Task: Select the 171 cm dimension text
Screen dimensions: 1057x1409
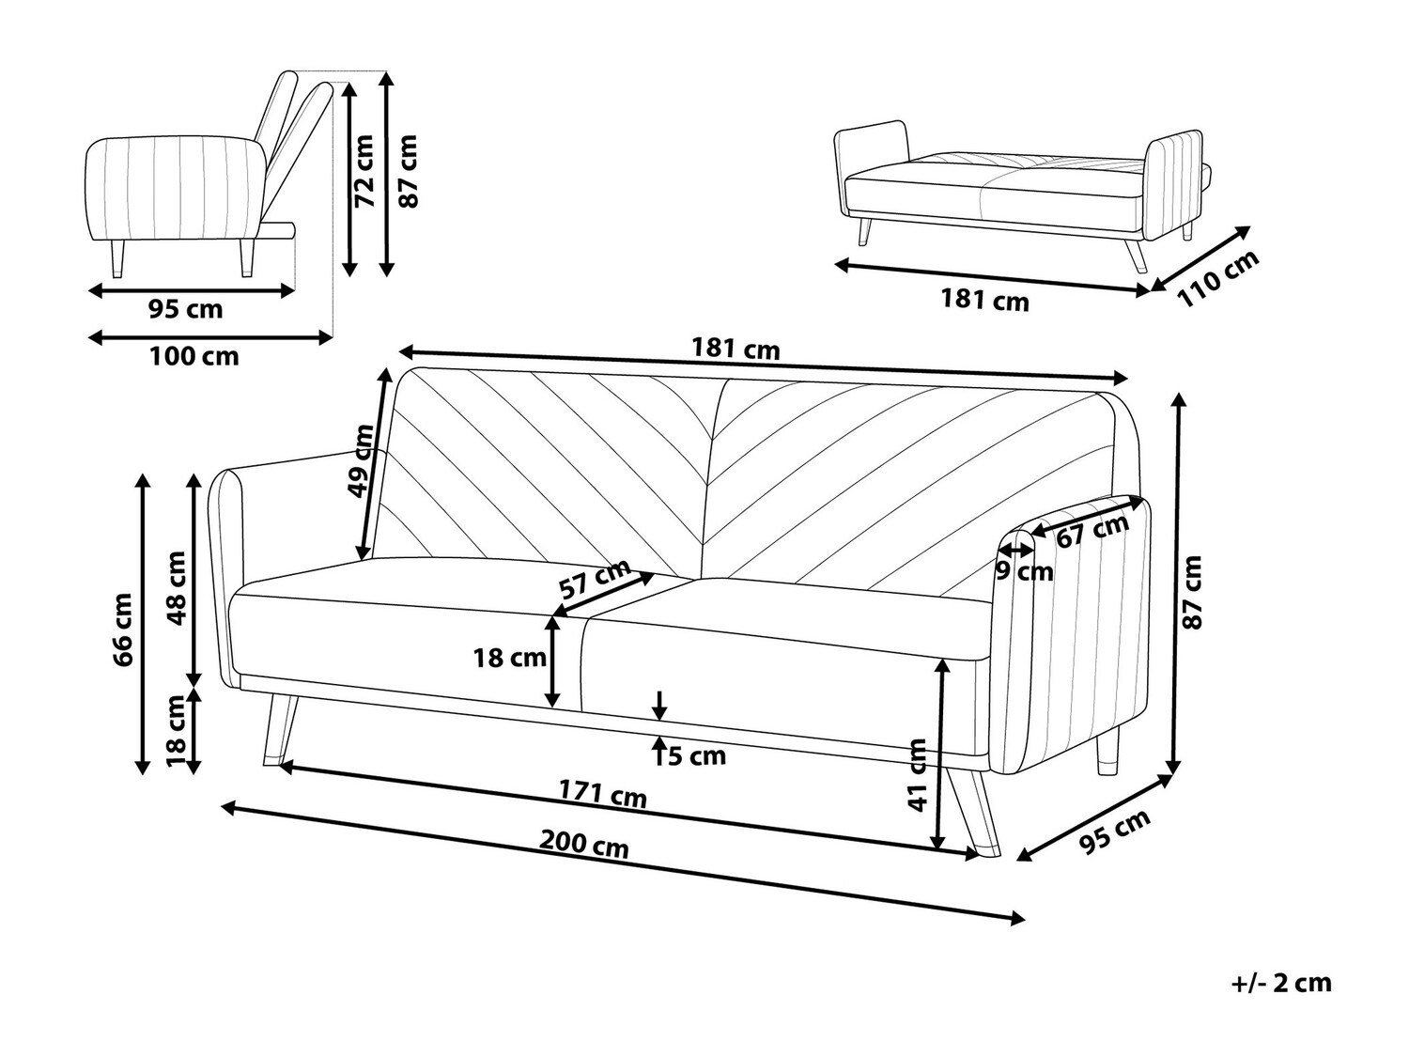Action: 602,794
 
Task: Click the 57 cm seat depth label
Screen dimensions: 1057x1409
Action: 595,580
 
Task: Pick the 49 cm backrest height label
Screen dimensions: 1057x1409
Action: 361,460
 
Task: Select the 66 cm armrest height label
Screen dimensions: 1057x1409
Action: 122,630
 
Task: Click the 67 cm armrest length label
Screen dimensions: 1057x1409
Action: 1092,532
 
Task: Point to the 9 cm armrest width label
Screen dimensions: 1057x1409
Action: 1025,571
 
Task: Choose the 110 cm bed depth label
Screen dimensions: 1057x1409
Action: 1217,278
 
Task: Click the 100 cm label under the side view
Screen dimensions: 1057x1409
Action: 194,357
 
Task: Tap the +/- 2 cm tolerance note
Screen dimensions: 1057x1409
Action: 1281,983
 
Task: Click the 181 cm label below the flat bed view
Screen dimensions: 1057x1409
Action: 984,301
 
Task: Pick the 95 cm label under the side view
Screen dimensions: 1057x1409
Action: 185,308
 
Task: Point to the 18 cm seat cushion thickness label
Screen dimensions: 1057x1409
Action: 509,658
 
